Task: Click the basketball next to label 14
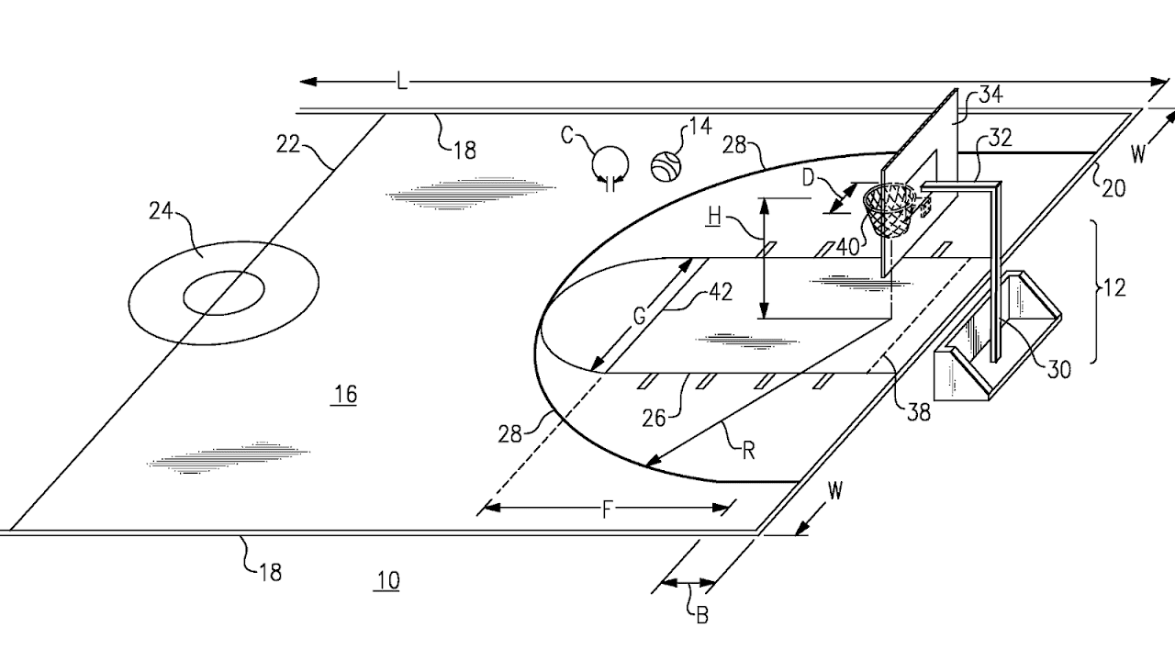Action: point(666,166)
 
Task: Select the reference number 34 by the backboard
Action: point(990,95)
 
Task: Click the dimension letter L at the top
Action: point(401,83)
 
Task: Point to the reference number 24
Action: point(162,212)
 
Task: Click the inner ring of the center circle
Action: point(224,293)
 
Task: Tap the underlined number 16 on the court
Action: point(345,395)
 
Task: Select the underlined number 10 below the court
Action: point(387,580)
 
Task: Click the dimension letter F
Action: point(607,510)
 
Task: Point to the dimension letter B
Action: point(702,615)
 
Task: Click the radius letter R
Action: point(748,449)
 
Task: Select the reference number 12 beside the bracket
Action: point(1114,288)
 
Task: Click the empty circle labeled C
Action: point(610,162)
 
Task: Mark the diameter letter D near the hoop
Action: point(808,177)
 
